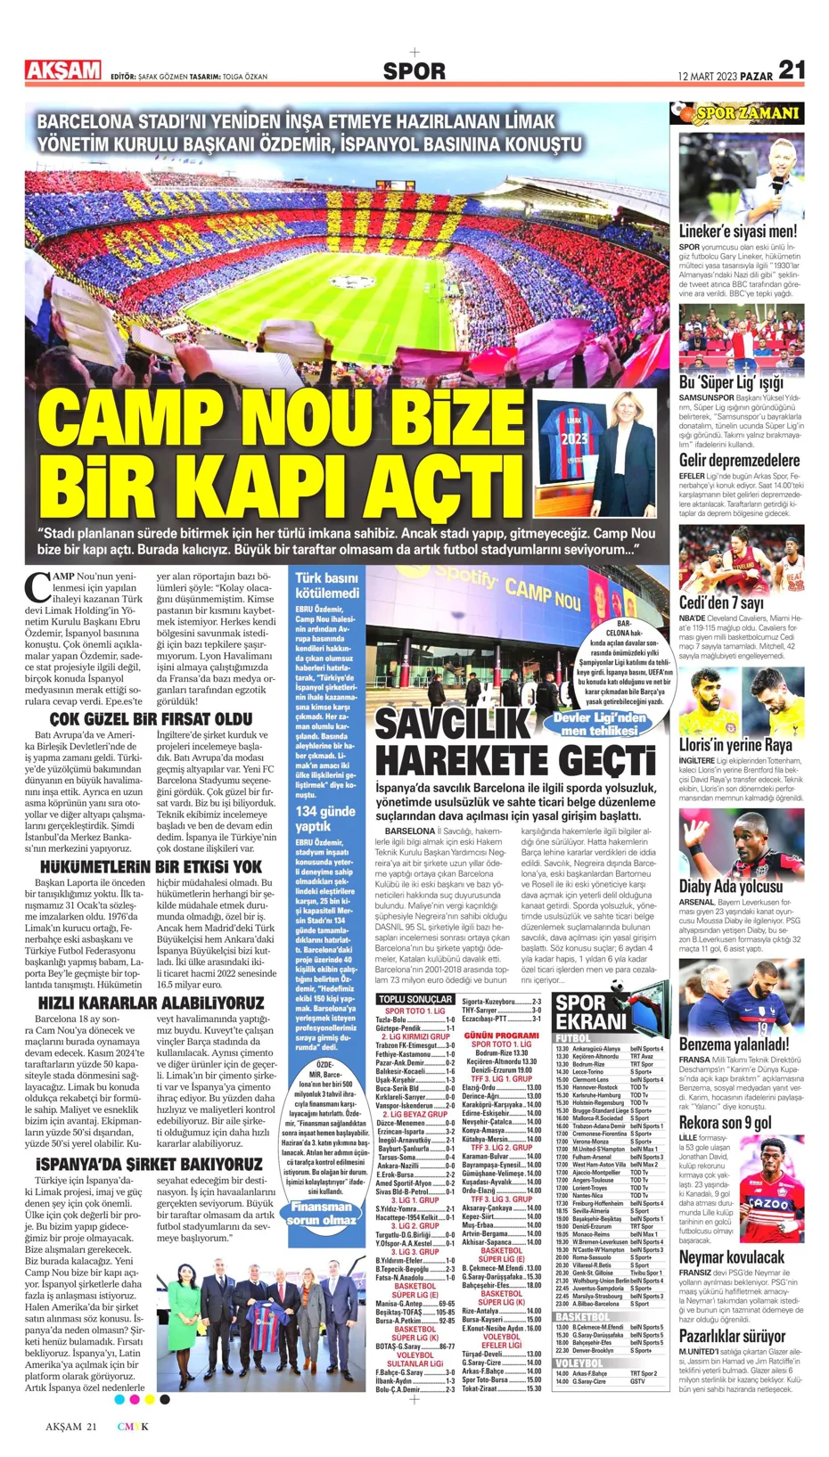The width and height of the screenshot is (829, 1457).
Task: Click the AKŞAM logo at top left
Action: click(x=63, y=70)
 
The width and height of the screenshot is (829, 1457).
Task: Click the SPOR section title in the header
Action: click(x=414, y=71)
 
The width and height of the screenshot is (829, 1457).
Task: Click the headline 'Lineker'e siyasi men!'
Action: click(x=737, y=231)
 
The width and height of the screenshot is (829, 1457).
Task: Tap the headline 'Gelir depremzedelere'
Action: click(x=739, y=460)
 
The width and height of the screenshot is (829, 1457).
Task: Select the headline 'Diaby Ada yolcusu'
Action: click(x=730, y=886)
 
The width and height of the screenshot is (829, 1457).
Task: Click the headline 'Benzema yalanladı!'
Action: click(x=734, y=1044)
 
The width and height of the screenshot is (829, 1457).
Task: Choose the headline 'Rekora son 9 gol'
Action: click(x=725, y=1122)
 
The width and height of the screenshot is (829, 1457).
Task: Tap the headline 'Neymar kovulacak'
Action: click(x=731, y=1257)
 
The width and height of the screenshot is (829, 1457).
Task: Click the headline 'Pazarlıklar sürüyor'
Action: click(x=732, y=1336)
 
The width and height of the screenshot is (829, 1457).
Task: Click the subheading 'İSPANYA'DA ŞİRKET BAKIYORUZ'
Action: click(x=150, y=1164)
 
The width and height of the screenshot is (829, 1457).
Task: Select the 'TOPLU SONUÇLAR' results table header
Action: click(x=414, y=999)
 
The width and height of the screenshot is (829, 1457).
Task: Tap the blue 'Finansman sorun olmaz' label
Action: click(x=322, y=1213)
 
